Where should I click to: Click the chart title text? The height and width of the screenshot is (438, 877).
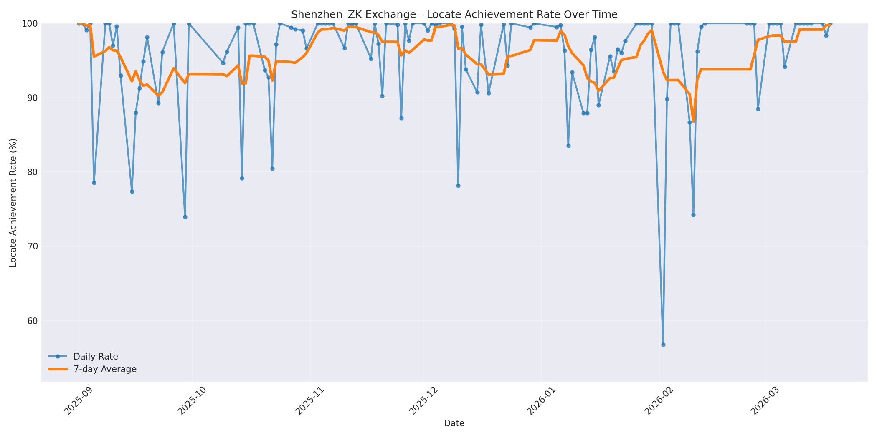[454, 15]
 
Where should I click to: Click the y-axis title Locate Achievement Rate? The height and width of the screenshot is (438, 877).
[13, 203]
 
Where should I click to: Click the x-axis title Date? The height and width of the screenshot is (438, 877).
[454, 424]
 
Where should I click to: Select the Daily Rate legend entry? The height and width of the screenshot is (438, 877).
[96, 357]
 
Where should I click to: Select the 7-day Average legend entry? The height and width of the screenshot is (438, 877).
[105, 369]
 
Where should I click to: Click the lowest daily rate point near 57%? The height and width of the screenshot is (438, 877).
[663, 345]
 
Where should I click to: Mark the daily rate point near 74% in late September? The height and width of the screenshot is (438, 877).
[185, 217]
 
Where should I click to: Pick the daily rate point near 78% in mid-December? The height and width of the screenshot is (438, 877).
[458, 186]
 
